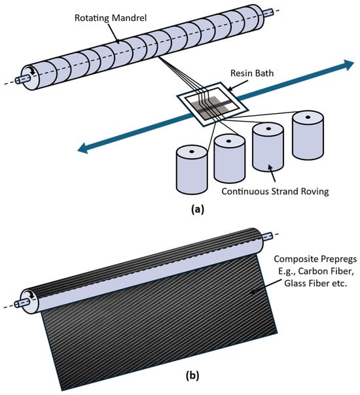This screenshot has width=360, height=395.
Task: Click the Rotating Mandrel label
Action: click(x=111, y=18)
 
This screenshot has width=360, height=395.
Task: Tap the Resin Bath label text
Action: click(x=252, y=73)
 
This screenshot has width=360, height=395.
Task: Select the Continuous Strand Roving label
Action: click(x=275, y=192)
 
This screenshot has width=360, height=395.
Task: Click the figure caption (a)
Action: click(x=198, y=209)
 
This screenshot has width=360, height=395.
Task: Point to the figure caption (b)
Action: click(x=192, y=375)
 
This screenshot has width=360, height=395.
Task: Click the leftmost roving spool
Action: click(x=192, y=169)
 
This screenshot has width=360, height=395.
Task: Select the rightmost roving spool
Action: click(x=308, y=135)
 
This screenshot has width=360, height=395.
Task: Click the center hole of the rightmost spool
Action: click(x=308, y=117)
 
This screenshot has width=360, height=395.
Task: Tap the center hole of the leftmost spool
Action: click(x=192, y=152)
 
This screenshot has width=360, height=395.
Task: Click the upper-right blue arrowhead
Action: click(x=349, y=65)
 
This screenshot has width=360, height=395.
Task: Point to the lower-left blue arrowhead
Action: click(x=83, y=148)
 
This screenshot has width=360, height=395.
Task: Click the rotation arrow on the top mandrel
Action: click(x=31, y=71)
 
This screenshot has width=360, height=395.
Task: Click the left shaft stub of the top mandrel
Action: click(x=23, y=80)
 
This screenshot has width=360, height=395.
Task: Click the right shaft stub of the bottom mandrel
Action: click(x=268, y=237)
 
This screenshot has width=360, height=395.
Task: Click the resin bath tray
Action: click(x=212, y=104)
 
